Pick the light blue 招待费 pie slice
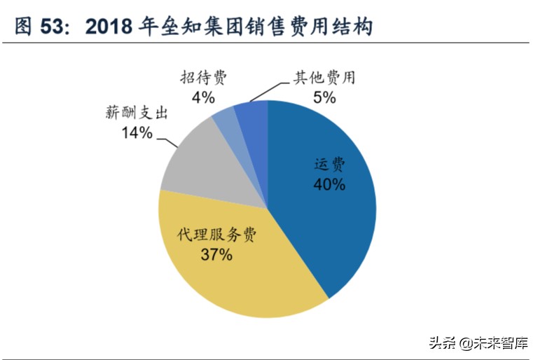[226, 119]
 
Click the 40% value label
[329, 185]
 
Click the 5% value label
[324, 97]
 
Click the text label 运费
[329, 165]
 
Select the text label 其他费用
[324, 77]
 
